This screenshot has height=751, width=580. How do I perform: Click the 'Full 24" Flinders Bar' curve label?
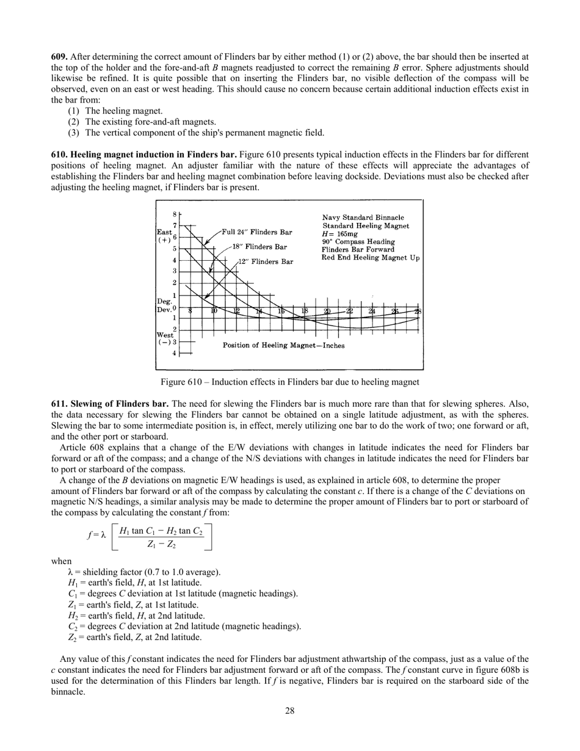(256, 232)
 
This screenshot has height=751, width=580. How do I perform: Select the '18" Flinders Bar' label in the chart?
(259, 247)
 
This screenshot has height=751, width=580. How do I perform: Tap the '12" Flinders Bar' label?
(266, 261)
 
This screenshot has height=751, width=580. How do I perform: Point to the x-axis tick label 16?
(281, 311)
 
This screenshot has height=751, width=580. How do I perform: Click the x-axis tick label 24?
(372, 311)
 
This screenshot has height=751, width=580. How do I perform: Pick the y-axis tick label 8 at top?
(174, 214)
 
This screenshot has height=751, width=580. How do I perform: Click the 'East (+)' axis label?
(165, 236)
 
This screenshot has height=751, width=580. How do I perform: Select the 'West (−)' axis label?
(165, 338)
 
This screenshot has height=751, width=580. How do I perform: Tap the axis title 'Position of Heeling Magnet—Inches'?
(283, 346)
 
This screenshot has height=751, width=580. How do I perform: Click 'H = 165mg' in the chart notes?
(340, 234)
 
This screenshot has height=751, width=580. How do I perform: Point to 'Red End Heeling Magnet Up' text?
(371, 258)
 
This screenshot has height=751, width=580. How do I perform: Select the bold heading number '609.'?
(59, 56)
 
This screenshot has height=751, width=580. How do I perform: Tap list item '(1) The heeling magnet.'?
(115, 111)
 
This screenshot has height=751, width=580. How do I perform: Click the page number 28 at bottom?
(290, 711)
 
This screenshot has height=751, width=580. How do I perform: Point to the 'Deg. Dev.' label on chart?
(165, 305)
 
